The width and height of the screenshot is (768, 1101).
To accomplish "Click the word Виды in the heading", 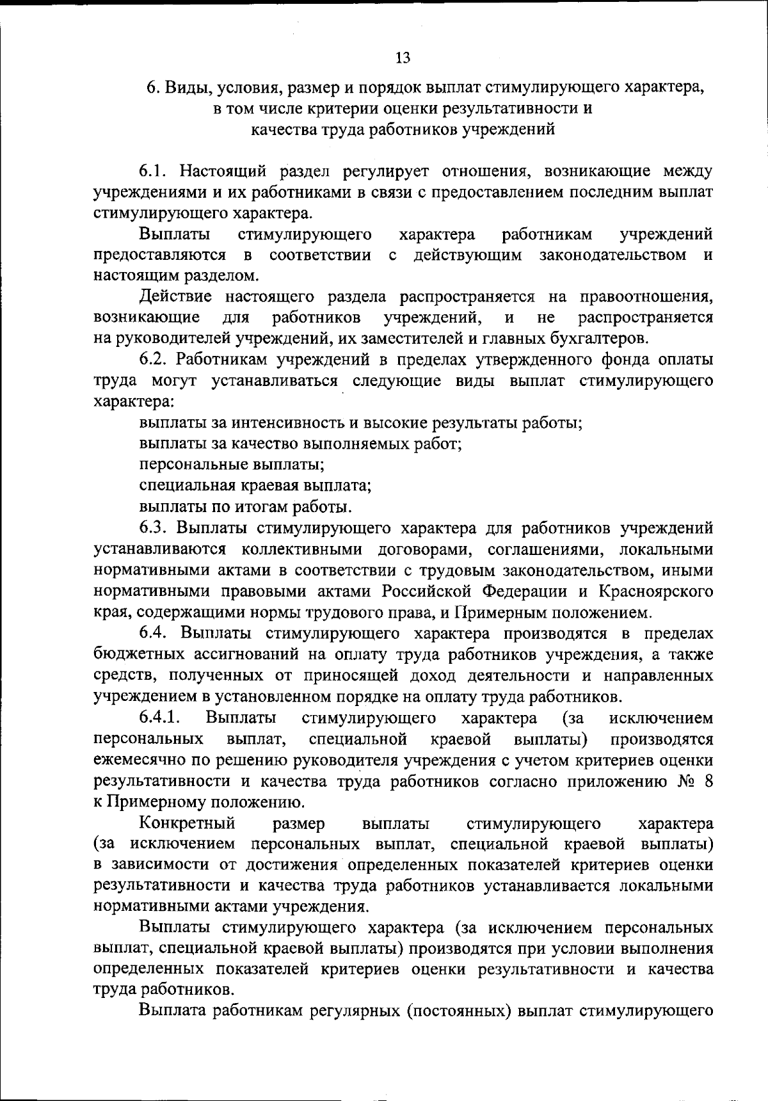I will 184,87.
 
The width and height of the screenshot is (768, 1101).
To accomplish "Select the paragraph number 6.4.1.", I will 162,718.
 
